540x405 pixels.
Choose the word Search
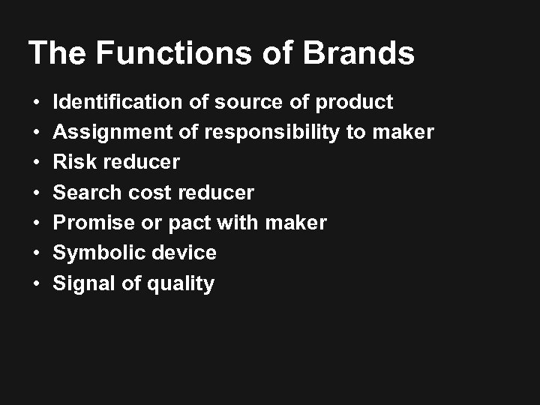(x=86, y=193)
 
